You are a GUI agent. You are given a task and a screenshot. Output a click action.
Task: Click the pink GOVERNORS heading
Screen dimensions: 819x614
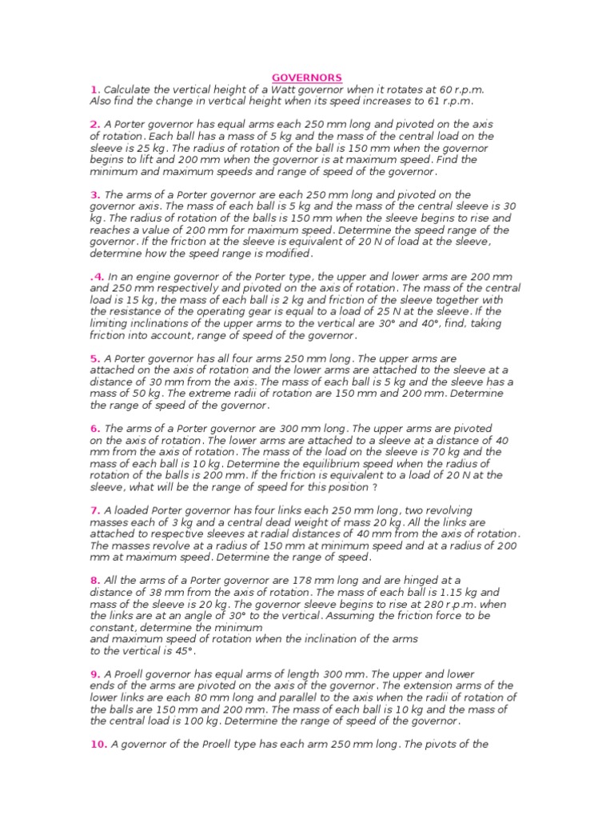[x=307, y=78]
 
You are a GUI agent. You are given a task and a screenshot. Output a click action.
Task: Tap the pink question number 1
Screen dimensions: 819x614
[x=94, y=90]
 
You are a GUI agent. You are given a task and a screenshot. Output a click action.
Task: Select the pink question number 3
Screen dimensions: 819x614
[x=94, y=194]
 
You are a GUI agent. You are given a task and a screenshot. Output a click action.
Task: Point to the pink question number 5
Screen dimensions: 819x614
[x=94, y=358]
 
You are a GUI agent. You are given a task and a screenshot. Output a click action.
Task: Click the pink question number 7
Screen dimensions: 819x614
[x=94, y=510]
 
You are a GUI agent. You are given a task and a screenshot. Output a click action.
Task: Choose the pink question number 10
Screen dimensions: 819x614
[x=98, y=745]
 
